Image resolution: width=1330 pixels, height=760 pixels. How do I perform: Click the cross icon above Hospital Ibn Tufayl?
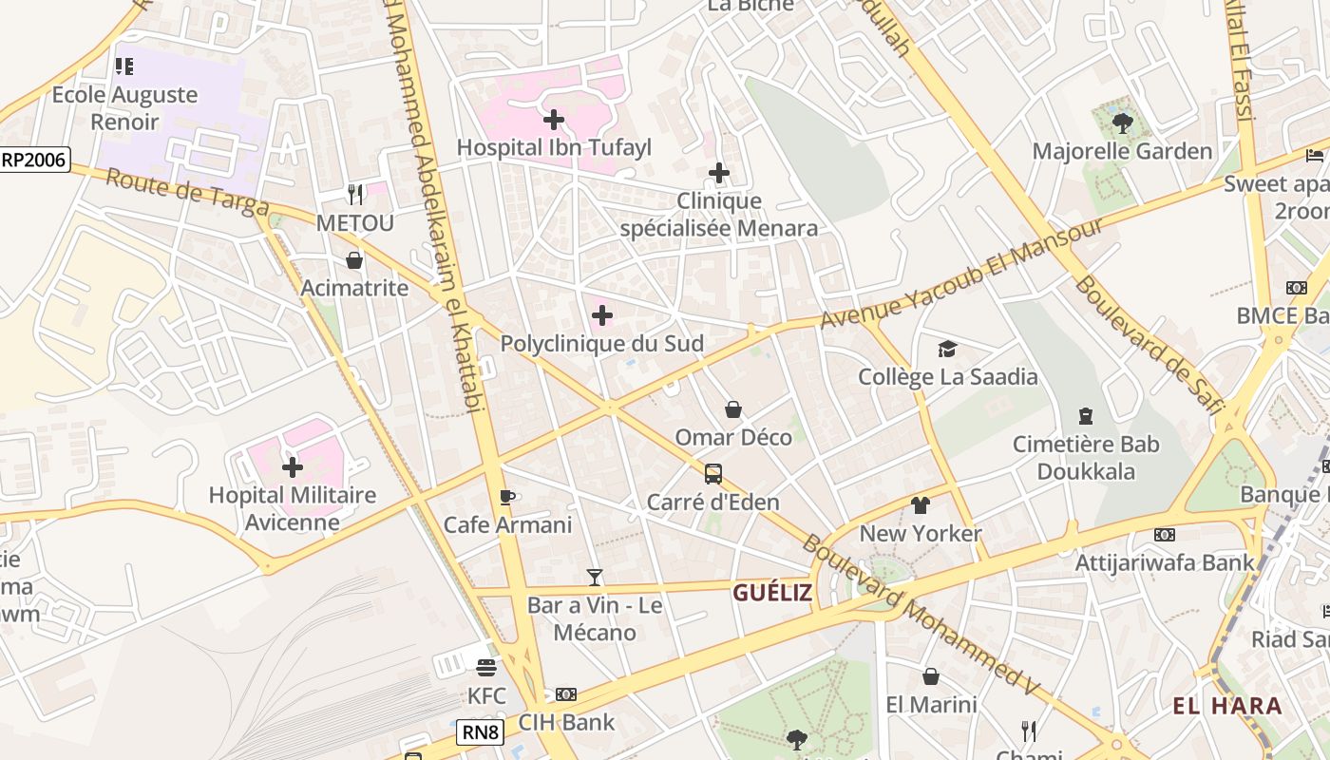click(553, 120)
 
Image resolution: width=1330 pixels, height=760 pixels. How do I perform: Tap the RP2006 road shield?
click(34, 160)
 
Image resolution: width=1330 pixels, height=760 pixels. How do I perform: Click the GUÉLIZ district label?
click(772, 593)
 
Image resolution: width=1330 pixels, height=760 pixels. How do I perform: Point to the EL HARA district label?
click(1227, 706)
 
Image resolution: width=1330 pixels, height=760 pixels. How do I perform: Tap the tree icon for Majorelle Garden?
click(1122, 123)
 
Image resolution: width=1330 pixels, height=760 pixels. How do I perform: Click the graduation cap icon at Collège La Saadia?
click(947, 349)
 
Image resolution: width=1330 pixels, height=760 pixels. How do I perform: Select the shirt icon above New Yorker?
click(920, 505)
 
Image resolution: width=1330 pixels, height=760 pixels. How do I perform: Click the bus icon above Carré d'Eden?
click(713, 473)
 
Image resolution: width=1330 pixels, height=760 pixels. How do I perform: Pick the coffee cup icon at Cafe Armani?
click(507, 497)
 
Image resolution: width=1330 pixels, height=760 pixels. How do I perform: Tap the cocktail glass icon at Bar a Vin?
click(595, 577)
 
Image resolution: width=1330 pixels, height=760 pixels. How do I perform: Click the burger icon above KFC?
click(486, 668)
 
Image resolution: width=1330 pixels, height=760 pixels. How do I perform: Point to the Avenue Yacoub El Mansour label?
click(961, 274)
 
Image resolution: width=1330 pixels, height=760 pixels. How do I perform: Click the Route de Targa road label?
click(186, 192)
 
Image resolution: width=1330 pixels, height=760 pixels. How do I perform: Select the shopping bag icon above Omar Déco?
click(733, 409)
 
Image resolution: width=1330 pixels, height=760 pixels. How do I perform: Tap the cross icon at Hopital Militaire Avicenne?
click(293, 466)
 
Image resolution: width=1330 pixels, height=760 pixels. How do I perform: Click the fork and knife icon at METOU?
click(355, 195)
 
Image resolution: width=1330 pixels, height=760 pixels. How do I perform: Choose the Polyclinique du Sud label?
click(602, 343)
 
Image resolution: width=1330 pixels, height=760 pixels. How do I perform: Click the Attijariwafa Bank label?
click(1165, 562)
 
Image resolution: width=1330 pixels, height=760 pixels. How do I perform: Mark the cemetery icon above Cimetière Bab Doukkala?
click(1085, 416)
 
